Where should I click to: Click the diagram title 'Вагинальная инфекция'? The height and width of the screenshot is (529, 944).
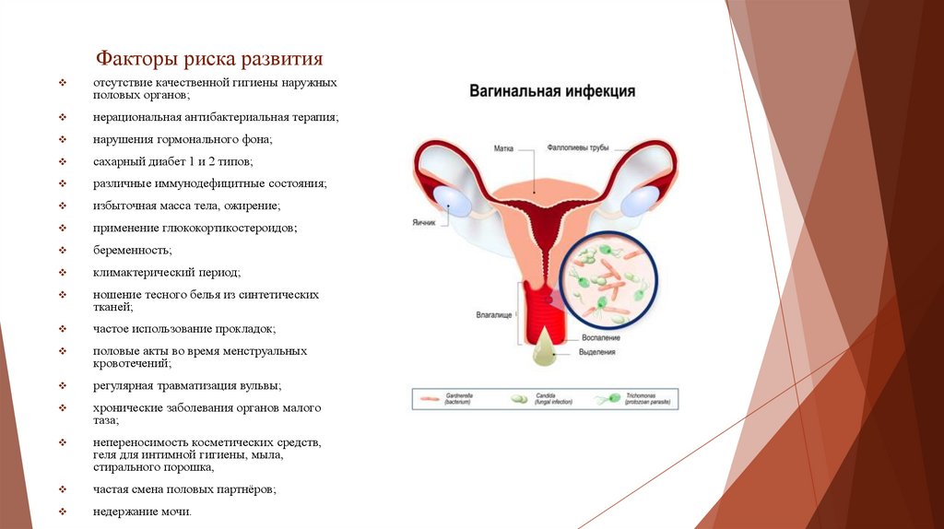(x=552, y=91)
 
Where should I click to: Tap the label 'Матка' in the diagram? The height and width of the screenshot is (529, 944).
(x=503, y=147)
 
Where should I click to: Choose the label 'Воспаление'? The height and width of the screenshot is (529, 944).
(x=598, y=338)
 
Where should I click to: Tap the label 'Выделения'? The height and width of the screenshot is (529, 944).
(x=597, y=353)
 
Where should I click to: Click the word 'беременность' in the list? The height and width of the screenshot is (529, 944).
(x=132, y=250)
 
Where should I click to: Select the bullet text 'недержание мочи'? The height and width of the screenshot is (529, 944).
(x=142, y=511)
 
